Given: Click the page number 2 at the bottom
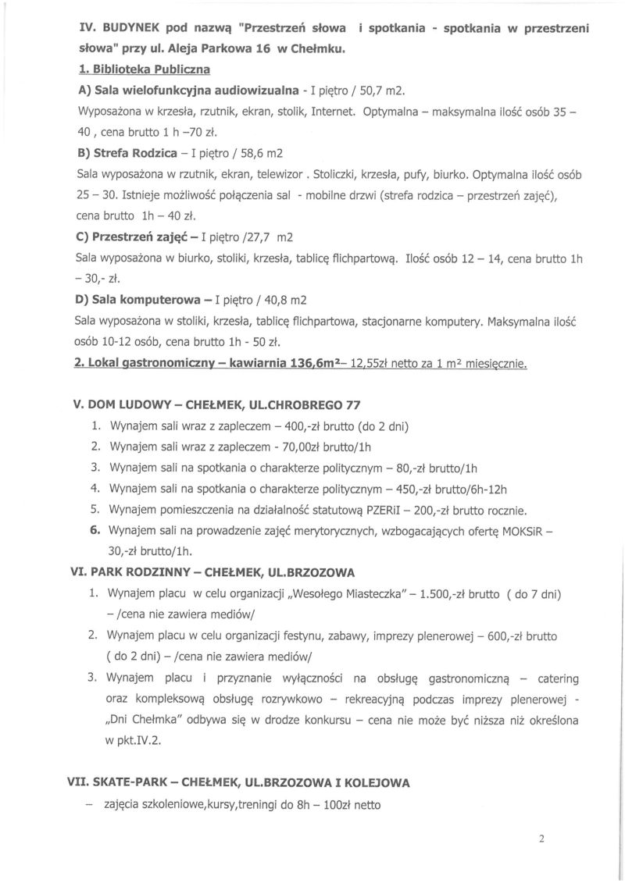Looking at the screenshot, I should click(x=541, y=839).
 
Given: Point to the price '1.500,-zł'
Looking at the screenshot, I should click(x=447, y=594).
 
